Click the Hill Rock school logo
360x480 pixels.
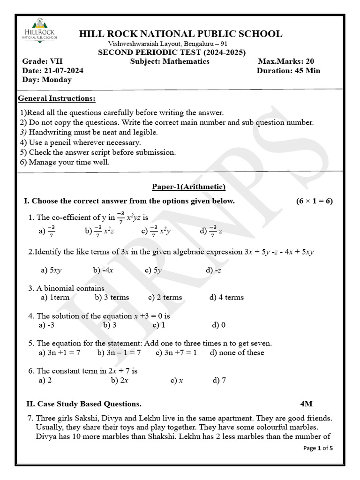tap(40, 30)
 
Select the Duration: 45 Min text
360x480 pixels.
tap(288, 71)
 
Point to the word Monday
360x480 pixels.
tap(57, 80)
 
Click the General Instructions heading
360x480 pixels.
tap(57, 98)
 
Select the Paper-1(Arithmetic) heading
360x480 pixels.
tap(188, 187)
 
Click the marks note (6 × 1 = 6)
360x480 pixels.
tap(314, 201)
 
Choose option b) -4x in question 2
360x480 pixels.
tap(103, 270)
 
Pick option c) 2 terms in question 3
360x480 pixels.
tap(165, 297)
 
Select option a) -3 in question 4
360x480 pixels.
tap(47, 325)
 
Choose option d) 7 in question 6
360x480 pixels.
tap(219, 380)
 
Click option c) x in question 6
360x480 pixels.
tap(177, 380)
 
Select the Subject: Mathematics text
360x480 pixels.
tap(170, 61)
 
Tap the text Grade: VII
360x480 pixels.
tap(42, 61)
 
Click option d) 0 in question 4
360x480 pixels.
tap(218, 325)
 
